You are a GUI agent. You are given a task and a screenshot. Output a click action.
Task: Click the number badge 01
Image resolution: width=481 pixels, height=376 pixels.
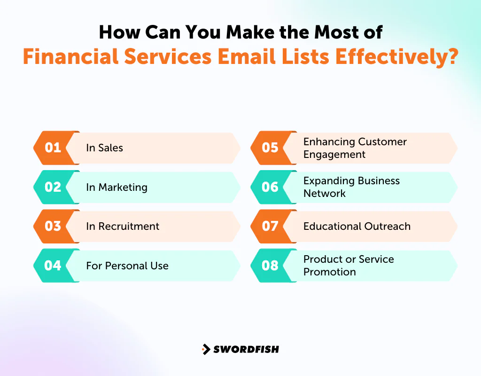(53, 148)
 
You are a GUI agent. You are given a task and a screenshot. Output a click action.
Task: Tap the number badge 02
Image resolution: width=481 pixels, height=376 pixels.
(53, 187)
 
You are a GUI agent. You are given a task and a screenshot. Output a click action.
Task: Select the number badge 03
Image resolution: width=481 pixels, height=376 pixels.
(53, 226)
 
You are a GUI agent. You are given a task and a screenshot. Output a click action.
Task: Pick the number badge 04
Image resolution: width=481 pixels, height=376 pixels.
(53, 266)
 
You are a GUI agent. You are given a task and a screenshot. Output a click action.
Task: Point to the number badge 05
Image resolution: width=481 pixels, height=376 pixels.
(270, 148)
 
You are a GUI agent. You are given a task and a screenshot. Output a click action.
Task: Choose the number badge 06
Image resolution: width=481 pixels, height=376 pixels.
(270, 187)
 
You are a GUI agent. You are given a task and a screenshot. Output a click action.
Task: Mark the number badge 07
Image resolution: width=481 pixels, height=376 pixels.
(270, 226)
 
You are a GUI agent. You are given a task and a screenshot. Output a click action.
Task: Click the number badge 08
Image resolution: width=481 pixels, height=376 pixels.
(270, 266)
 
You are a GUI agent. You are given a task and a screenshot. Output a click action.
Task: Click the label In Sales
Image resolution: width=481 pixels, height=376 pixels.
(104, 148)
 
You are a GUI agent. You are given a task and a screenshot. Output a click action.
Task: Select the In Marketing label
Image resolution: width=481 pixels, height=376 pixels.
(116, 187)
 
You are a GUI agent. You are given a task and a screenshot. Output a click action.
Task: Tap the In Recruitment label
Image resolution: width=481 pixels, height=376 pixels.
(123, 226)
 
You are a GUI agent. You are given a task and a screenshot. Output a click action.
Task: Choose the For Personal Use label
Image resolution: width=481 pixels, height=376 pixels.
(127, 266)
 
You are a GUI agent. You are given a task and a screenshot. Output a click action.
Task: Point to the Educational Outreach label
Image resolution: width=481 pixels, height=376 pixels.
(357, 226)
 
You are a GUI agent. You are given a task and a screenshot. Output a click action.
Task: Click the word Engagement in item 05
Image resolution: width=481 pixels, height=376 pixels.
(334, 155)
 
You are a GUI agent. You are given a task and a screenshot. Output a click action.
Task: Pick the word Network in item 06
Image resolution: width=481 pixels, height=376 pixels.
(325, 194)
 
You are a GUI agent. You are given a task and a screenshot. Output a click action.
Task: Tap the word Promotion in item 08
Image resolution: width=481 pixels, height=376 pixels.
(329, 272)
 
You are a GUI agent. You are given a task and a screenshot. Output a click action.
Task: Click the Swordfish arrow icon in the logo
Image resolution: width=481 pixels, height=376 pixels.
(206, 349)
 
